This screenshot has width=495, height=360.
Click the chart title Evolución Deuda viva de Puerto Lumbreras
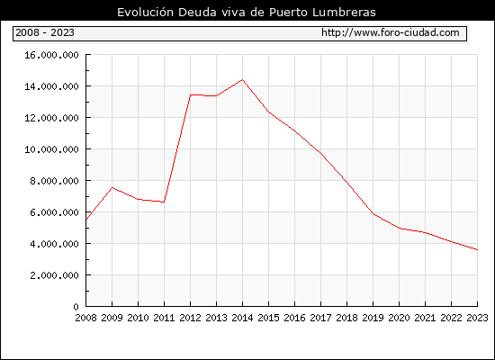(247, 13)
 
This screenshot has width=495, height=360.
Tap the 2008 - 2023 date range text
(45, 32)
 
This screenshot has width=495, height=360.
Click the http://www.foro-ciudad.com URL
(391, 32)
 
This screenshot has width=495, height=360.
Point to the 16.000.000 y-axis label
(51, 55)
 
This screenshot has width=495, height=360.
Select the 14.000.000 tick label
(51, 86)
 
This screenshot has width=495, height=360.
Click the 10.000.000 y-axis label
(51, 149)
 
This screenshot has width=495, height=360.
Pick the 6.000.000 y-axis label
(54, 212)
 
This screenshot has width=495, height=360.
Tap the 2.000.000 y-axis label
(54, 275)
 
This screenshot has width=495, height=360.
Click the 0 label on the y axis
(76, 307)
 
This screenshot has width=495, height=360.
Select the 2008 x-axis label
(85, 318)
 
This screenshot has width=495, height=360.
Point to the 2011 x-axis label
(164, 318)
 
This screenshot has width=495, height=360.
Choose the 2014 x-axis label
(242, 318)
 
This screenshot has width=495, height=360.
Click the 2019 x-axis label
(373, 318)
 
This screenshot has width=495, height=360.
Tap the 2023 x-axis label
(477, 318)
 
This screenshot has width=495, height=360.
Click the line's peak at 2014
(242, 79)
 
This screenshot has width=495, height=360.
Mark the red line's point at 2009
(112, 187)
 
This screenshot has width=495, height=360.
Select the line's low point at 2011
(164, 202)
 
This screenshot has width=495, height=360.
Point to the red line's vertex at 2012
(191, 94)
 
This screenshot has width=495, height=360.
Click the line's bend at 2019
(373, 214)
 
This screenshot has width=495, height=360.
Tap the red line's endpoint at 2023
(477, 250)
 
